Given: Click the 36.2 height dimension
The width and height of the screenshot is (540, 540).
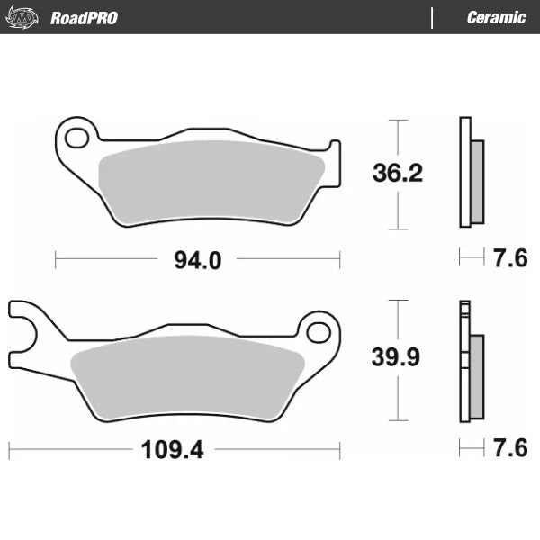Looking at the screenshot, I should click(x=397, y=173).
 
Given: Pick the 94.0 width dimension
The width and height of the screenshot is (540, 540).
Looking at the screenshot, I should click(x=197, y=260).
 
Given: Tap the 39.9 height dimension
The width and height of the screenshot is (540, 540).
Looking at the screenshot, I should click(x=397, y=357).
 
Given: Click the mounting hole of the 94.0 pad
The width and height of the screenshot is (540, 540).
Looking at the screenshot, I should click(x=78, y=138).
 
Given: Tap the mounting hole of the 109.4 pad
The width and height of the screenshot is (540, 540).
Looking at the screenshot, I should click(x=318, y=332).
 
